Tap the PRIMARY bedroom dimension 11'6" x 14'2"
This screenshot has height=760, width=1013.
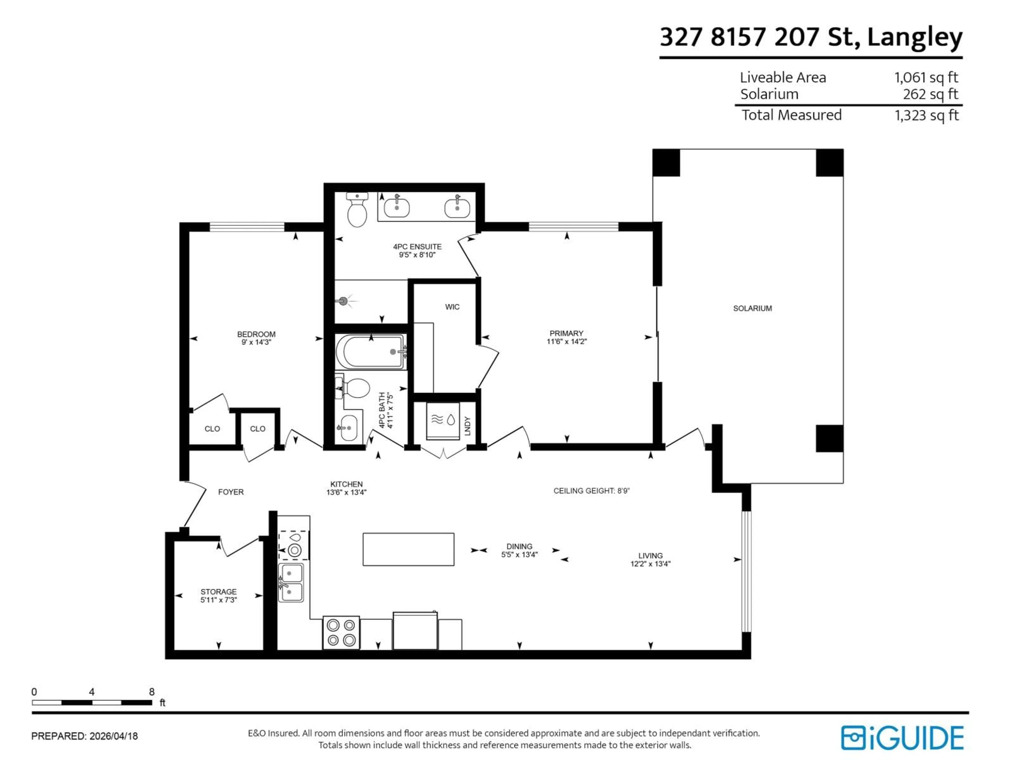click(x=566, y=341)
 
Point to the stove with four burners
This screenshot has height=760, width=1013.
click(x=341, y=633)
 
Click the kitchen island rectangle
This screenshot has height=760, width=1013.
click(x=408, y=549)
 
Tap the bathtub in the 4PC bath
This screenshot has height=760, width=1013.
click(x=370, y=352)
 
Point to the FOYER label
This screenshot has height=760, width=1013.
click(x=231, y=492)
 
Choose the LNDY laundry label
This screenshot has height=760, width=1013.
click(x=467, y=426)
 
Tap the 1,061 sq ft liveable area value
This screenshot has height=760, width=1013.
click(x=926, y=77)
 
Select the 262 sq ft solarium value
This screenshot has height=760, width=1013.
click(x=930, y=94)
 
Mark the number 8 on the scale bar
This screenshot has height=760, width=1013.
click(x=152, y=692)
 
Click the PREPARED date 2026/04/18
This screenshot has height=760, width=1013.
click(x=114, y=736)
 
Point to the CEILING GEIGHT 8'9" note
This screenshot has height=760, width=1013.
click(x=591, y=491)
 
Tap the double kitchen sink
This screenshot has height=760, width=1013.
click(x=291, y=582)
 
